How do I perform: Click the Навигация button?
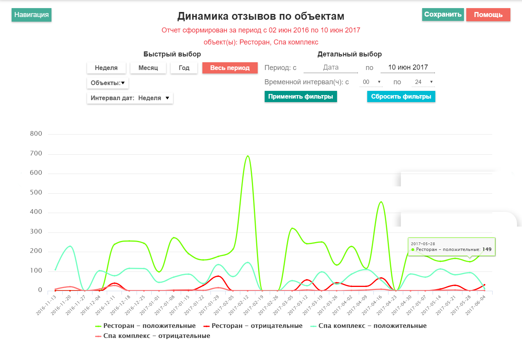pyautogui.click(x=31, y=15)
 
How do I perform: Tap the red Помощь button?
pyautogui.click(x=488, y=15)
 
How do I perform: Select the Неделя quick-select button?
pyautogui.click(x=106, y=68)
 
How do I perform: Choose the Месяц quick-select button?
pyautogui.click(x=148, y=68)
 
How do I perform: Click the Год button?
pyautogui.click(x=184, y=68)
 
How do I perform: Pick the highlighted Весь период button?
pyautogui.click(x=230, y=68)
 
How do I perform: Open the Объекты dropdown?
pyautogui.click(x=108, y=83)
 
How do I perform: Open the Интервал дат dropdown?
pyautogui.click(x=130, y=98)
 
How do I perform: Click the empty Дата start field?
pyautogui.click(x=331, y=68)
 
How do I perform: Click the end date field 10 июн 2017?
pyautogui.click(x=408, y=68)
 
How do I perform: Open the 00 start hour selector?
pyautogui.click(x=371, y=82)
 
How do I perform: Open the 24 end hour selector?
pyautogui.click(x=423, y=82)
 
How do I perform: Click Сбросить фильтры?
pyautogui.click(x=401, y=96)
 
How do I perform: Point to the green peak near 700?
pyautogui.click(x=248, y=156)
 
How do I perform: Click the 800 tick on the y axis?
pyautogui.click(x=36, y=134)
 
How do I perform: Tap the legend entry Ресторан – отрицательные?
pyautogui.click(x=253, y=326)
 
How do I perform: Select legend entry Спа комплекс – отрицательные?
pyautogui.click(x=152, y=336)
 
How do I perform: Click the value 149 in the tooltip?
pyautogui.click(x=487, y=249)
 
